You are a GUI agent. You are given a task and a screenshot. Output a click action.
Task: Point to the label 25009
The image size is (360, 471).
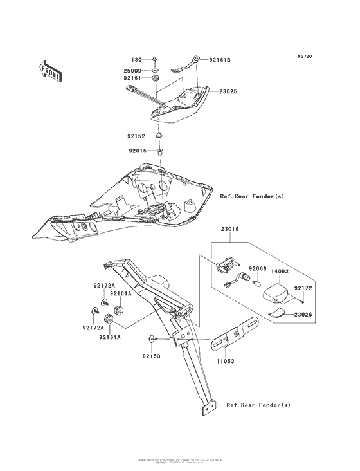pos(134,69)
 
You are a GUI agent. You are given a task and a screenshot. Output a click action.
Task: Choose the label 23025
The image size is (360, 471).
pos(226,92)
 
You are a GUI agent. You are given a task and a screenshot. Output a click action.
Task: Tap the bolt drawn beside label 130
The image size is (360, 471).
pos(157,60)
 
